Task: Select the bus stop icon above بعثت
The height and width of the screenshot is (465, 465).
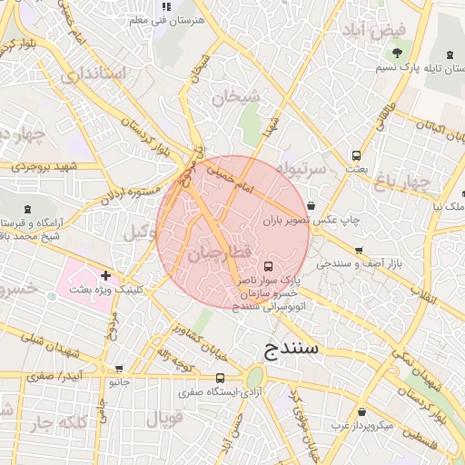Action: coord(356,155)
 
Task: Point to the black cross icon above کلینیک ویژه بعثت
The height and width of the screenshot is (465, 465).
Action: coord(106,274)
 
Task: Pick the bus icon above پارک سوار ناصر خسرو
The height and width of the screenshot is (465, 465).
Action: coord(268,267)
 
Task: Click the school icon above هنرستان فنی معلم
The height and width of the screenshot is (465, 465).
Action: coord(165,6)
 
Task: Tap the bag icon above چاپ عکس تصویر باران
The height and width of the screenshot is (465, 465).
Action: coord(312,205)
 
